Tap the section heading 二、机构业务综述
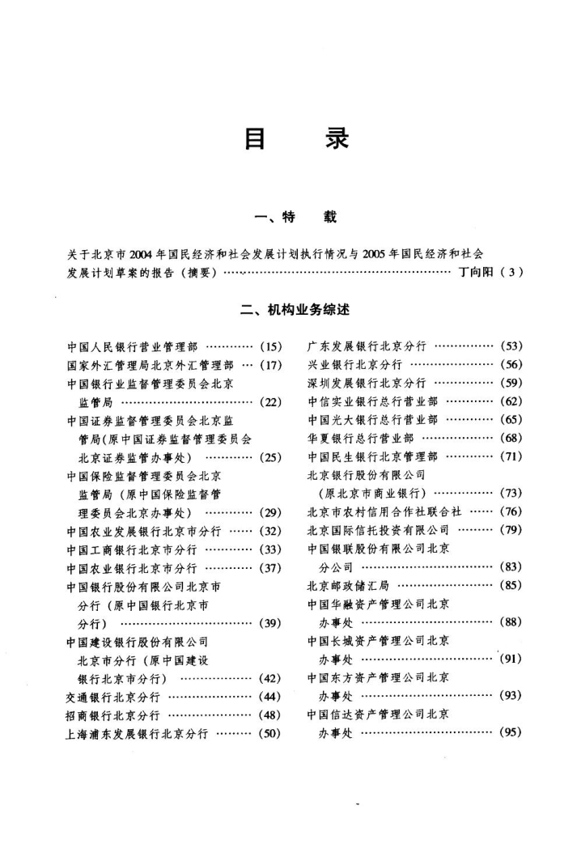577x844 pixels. tap(295, 310)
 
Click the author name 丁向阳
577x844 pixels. tap(476, 272)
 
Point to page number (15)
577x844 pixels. tap(269, 346)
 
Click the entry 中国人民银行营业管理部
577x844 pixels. tap(132, 346)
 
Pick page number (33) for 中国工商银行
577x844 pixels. tap(269, 549)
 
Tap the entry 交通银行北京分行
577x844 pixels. tap(113, 697)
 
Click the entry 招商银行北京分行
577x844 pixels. tap(113, 715)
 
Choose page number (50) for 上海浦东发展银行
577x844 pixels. tap(269, 734)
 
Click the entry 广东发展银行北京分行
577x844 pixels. tap(367, 346)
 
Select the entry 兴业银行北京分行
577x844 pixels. tap(355, 365)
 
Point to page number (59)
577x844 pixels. tap(511, 383)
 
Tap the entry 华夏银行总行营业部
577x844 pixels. tap(361, 439)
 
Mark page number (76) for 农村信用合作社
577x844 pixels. tap(511, 512)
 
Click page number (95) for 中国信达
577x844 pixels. tap(511, 733)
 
